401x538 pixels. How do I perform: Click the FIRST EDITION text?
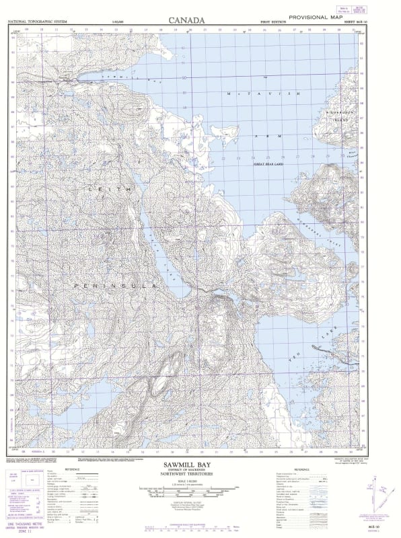[x=274, y=22]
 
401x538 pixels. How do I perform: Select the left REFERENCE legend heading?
[x=73, y=469]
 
